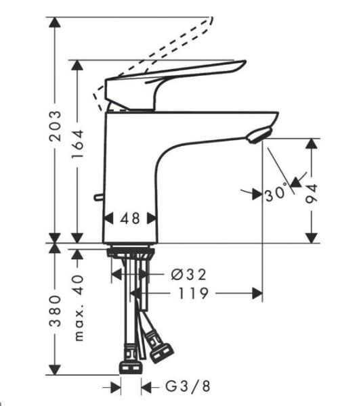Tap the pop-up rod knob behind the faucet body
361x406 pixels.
(x=99, y=197)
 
